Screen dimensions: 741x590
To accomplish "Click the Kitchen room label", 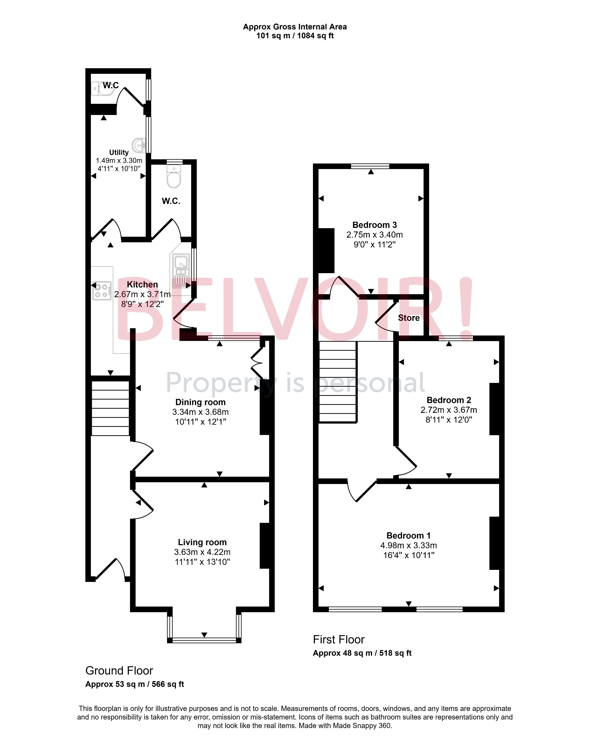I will [x=142, y=285].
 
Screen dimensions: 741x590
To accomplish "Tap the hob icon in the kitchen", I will [x=102, y=291].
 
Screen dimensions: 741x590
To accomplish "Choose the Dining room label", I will [x=201, y=402].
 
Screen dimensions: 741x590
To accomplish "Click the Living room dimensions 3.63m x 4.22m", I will [x=202, y=552].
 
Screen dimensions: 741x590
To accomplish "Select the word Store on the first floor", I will [x=409, y=318].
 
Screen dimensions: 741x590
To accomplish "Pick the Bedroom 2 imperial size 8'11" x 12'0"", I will [x=449, y=420].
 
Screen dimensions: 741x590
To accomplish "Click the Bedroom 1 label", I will [x=408, y=535].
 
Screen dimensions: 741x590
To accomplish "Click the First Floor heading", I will [x=338, y=639].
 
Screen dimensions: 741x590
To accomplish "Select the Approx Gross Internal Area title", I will [x=295, y=27].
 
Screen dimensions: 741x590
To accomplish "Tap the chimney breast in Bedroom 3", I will [x=326, y=250].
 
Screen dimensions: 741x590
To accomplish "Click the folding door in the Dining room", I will [x=257, y=363].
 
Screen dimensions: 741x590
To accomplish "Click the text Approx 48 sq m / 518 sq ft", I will [x=362, y=653].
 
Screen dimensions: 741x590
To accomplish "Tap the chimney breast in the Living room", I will [x=264, y=546].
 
